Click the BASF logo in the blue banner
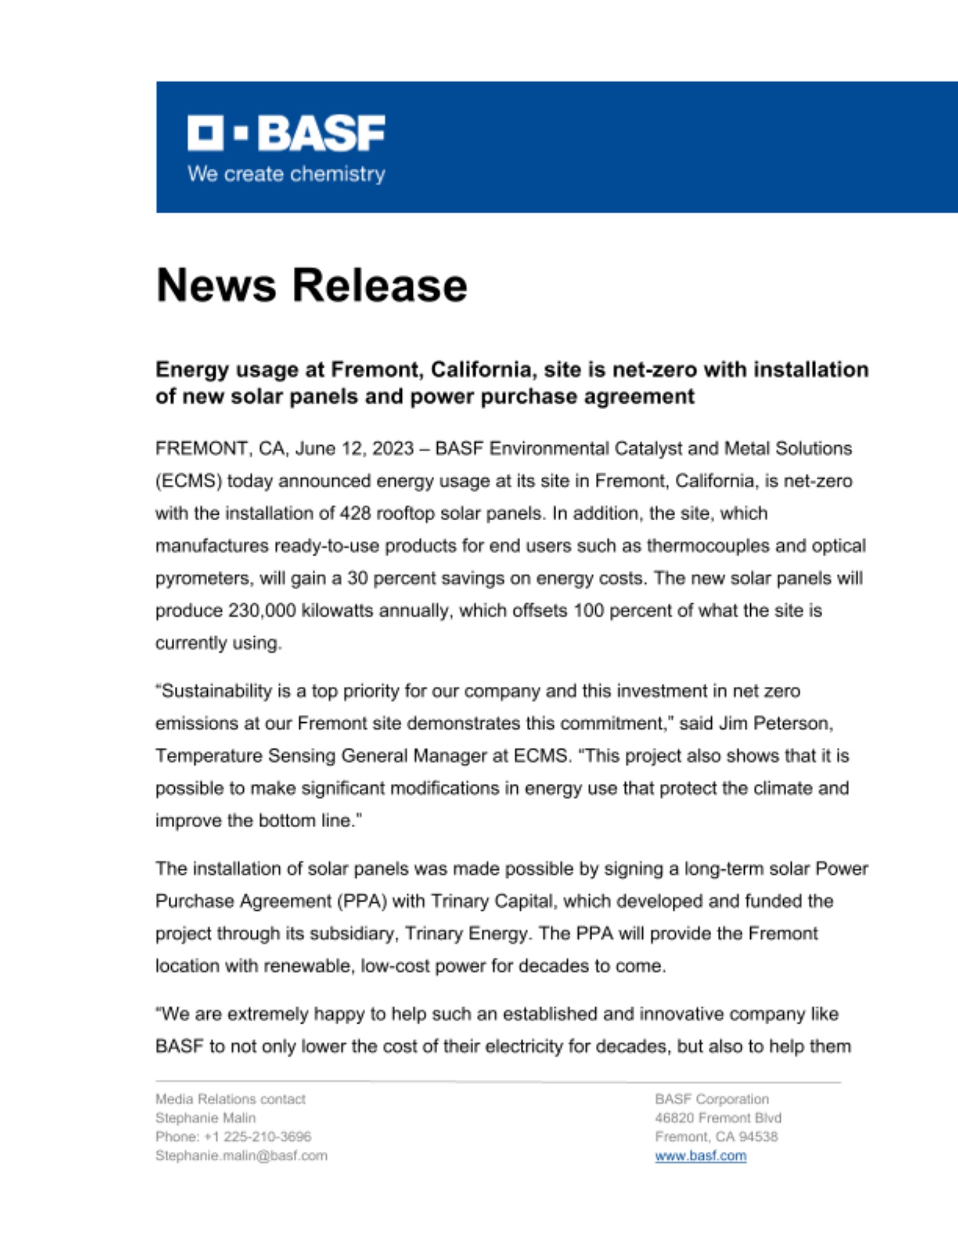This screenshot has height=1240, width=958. point(286,132)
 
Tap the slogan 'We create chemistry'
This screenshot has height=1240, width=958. point(286,174)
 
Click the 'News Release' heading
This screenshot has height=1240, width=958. point(311,285)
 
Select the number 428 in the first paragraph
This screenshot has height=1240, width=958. point(355,513)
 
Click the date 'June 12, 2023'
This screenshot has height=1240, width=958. point(354,448)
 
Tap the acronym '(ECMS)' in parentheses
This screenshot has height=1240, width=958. point(188,481)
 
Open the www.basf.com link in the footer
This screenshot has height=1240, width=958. point(700,1156)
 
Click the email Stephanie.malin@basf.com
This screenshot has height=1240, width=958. point(241,1156)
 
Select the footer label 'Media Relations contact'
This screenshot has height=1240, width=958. point(230,1099)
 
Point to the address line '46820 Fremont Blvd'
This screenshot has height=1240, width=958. point(717,1118)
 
